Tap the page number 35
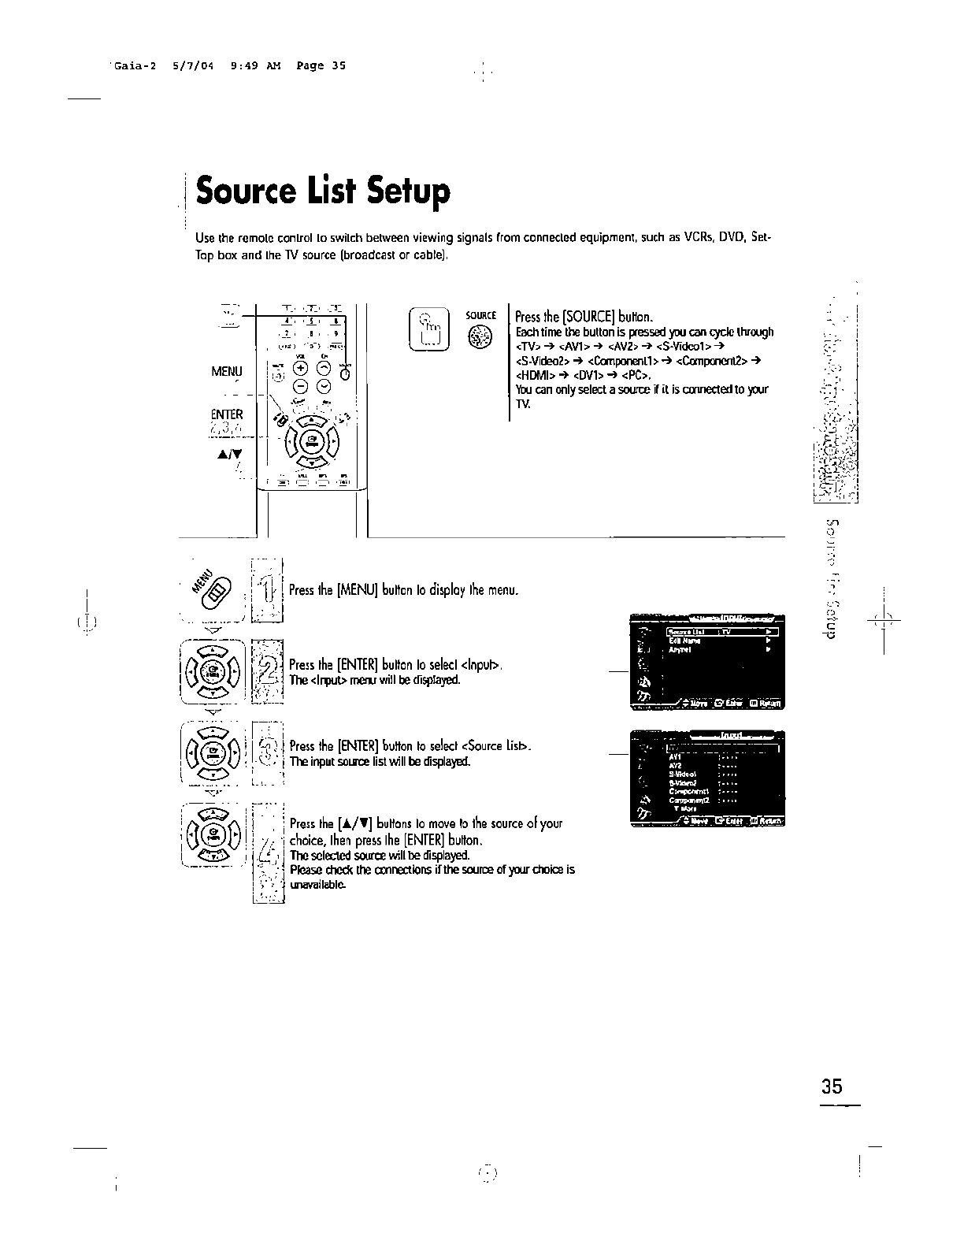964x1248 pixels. (831, 1087)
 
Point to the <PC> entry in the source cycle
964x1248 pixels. (635, 375)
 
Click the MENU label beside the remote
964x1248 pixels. (227, 371)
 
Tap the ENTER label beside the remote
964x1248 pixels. (227, 414)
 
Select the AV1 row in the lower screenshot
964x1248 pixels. (674, 757)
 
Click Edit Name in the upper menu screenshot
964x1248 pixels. (680, 641)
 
